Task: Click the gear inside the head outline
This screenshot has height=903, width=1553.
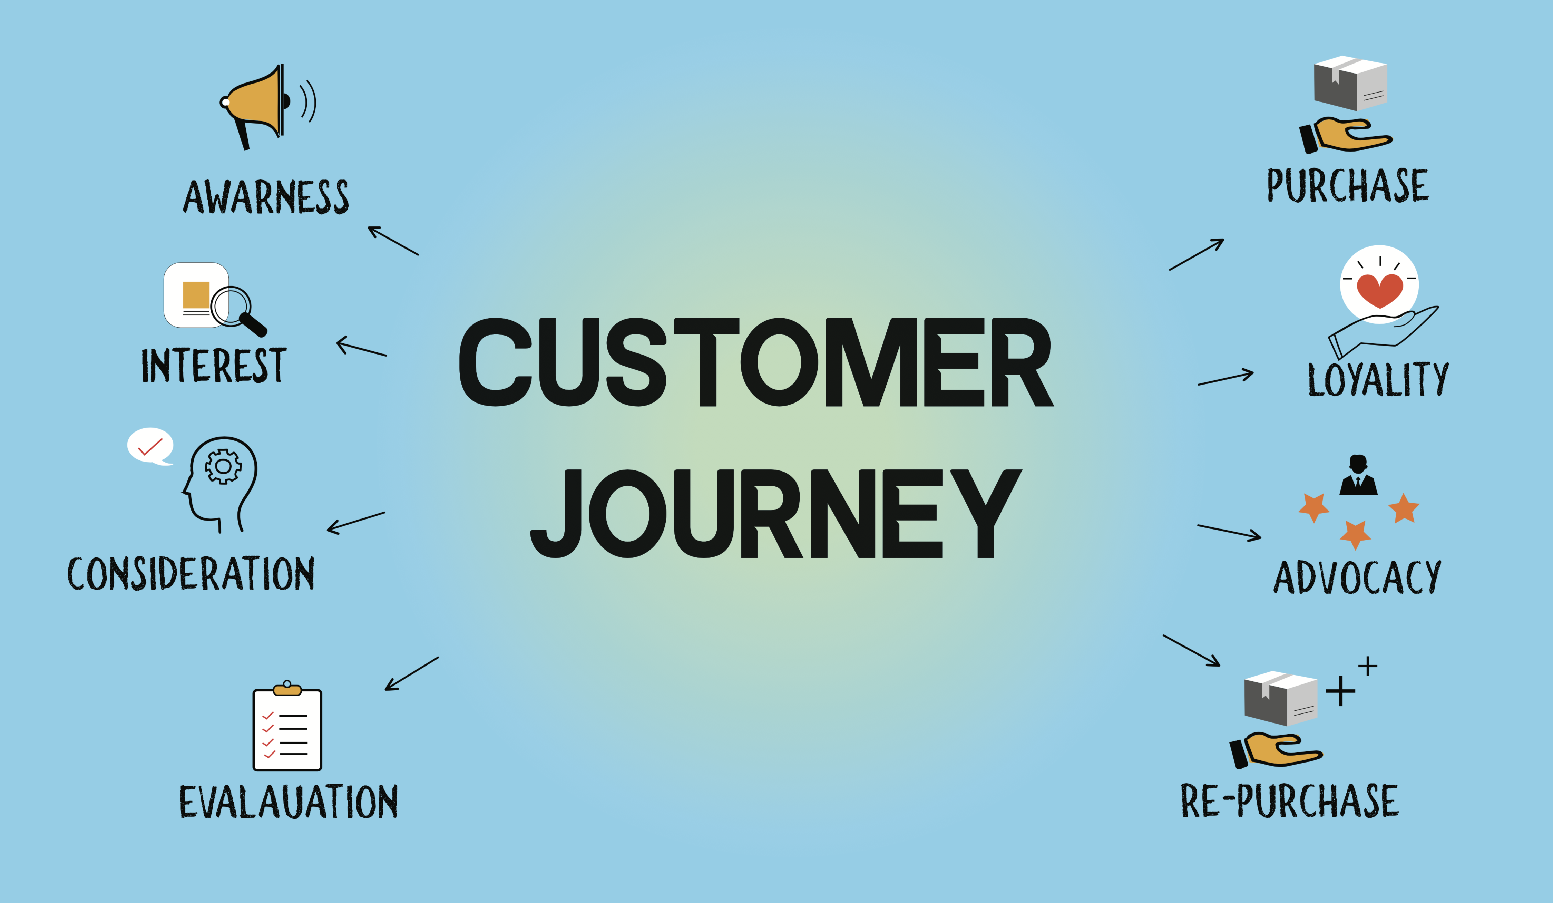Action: [223, 467]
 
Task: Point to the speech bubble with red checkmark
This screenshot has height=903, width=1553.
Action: [150, 445]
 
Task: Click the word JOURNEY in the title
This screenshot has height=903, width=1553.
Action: [775, 513]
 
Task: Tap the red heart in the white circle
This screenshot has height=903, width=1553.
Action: [1379, 290]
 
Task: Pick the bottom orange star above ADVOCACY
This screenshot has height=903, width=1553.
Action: [1355, 534]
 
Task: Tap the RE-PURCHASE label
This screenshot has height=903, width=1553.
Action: [1289, 801]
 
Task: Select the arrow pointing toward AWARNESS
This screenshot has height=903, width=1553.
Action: [393, 240]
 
